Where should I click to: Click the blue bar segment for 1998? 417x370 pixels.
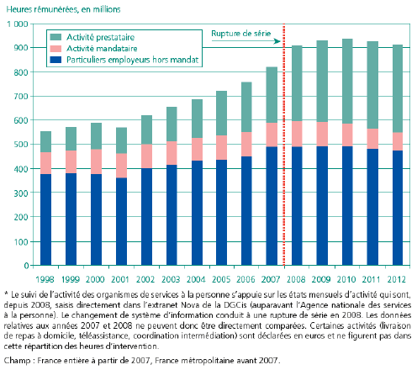pos(45,219)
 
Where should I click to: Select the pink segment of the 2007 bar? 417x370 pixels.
pos(272,135)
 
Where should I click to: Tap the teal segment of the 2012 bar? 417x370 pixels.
pos(398,88)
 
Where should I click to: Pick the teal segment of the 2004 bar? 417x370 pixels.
pos(197,119)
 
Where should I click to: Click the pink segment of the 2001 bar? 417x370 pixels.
pos(121,166)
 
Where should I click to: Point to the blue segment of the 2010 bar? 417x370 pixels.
pos(347,206)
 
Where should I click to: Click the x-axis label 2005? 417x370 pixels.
pos(221,279)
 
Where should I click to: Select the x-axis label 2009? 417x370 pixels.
pos(321,279)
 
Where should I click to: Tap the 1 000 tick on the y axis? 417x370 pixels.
pos(18,24)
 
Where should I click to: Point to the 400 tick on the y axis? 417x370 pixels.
pos(21,169)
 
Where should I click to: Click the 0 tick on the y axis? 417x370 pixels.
pos(26,266)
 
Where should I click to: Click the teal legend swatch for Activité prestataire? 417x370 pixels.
pos(55,37)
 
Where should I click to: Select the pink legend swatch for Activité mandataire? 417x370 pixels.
pos(55,49)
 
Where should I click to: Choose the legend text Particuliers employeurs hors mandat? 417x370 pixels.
pos(132,60)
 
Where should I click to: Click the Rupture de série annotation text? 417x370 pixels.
pos(241,34)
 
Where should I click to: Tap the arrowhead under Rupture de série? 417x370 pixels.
pos(277,41)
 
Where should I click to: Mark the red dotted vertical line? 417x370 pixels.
pos(284,145)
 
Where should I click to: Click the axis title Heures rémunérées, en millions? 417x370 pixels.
pos(63,9)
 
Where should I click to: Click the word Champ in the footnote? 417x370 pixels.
pos(17,360)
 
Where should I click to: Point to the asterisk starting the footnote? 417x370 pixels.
pos(6,293)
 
